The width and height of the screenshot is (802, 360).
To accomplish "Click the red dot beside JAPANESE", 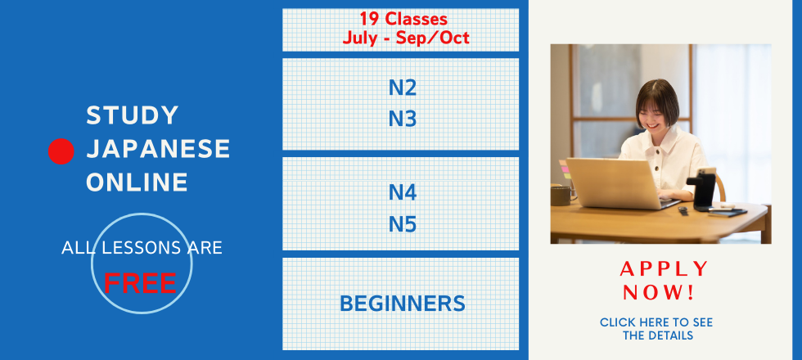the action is (x=61, y=151).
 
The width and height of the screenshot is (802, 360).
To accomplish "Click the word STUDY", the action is (x=132, y=115).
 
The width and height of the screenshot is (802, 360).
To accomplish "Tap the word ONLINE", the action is (x=137, y=182).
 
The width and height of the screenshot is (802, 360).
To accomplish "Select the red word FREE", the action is (x=140, y=283).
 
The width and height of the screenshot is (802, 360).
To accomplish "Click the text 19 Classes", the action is (x=403, y=20).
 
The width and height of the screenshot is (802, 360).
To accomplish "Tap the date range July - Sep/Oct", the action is (x=406, y=38).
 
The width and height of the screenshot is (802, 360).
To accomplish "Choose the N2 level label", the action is (x=403, y=88).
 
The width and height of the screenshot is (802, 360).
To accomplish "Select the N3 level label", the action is (x=403, y=119).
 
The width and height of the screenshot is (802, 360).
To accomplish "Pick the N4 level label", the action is (x=403, y=192).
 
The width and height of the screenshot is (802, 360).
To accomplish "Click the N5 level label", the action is (x=403, y=224).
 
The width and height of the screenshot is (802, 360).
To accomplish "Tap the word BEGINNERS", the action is (x=403, y=304).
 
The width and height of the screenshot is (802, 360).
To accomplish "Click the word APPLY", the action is (x=664, y=268).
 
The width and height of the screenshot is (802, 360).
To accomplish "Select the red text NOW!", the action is (x=659, y=293).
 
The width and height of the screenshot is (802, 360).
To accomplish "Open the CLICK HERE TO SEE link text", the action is (x=656, y=322).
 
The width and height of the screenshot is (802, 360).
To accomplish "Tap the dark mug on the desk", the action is (x=561, y=195).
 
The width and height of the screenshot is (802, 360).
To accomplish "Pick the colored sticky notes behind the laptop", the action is (x=565, y=169).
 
